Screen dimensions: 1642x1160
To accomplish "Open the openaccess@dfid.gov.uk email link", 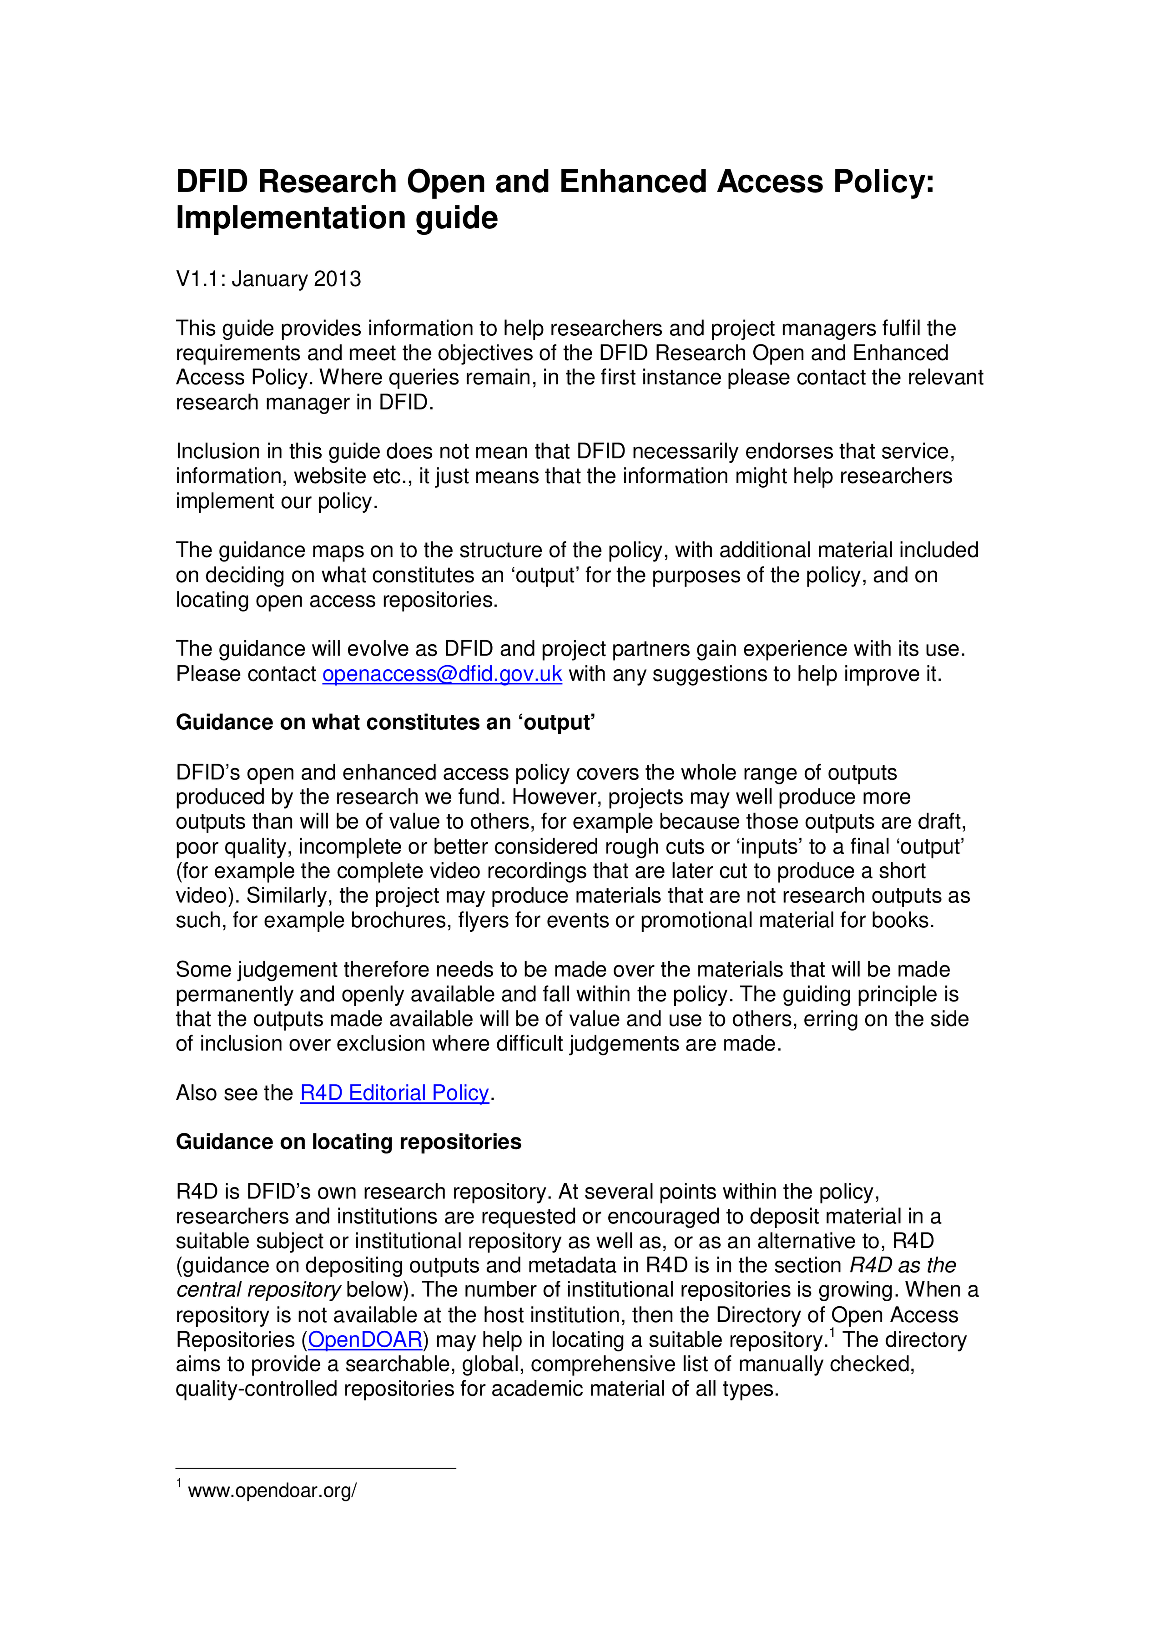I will (442, 674).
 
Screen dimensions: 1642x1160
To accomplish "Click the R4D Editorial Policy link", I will (394, 1093).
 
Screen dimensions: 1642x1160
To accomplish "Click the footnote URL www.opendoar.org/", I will (272, 1491).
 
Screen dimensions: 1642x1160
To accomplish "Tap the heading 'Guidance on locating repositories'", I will (348, 1142).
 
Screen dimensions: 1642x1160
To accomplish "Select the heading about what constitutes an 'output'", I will (385, 722).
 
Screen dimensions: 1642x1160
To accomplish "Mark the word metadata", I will (564, 1265).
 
